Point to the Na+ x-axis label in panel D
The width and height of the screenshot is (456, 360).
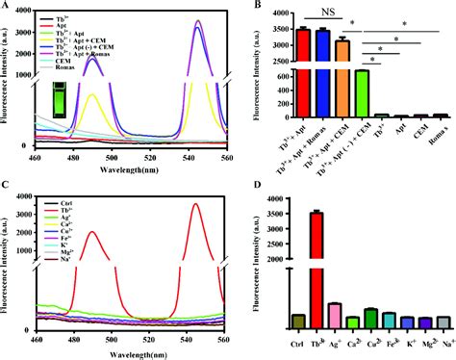click(443, 340)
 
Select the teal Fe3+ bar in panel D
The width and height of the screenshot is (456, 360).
click(387, 321)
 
